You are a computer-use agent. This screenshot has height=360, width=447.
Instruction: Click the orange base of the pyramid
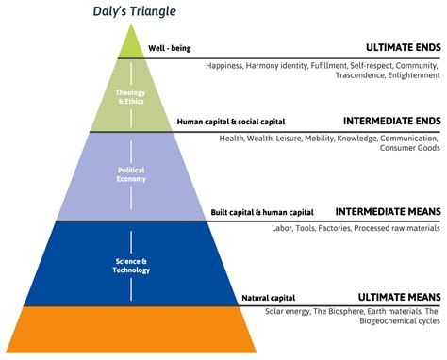pyautogui.click(x=129, y=329)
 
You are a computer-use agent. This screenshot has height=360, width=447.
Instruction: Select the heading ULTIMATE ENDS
pyautogui.click(x=404, y=47)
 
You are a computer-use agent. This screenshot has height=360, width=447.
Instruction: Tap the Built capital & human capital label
pyautogui.click(x=261, y=213)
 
